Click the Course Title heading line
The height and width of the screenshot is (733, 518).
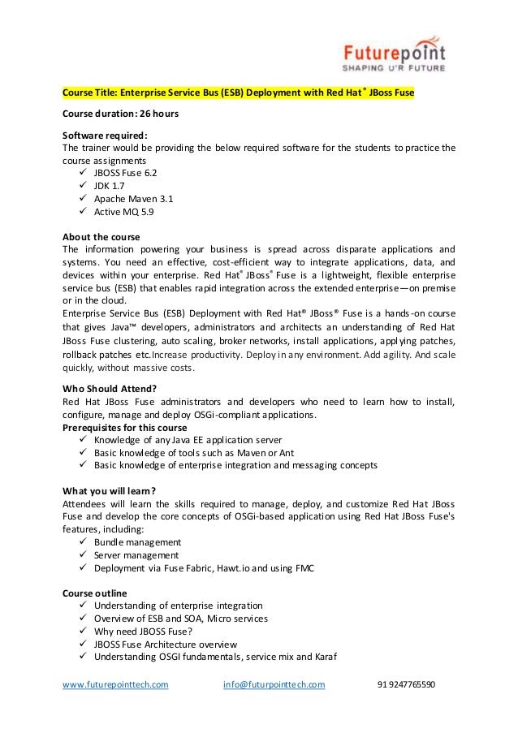[239, 93]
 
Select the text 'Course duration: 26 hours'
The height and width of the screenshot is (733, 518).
[120, 114]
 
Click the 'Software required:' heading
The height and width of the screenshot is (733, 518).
[106, 135]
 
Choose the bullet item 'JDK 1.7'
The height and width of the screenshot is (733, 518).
[110, 186]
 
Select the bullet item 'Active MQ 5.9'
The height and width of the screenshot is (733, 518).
[123, 212]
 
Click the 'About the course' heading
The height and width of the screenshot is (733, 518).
[101, 237]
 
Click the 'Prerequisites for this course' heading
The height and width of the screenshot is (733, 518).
[124, 428]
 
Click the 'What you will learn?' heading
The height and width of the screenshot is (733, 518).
[109, 490]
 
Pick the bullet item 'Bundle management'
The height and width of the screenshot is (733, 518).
[137, 542]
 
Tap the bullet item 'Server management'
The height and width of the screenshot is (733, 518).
[136, 555]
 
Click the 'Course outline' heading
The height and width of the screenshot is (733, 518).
[95, 593]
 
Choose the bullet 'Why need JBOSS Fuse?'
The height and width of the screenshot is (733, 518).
[143, 632]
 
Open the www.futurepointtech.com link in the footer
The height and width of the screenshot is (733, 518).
[116, 684]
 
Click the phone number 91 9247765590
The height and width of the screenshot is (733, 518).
[406, 684]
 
